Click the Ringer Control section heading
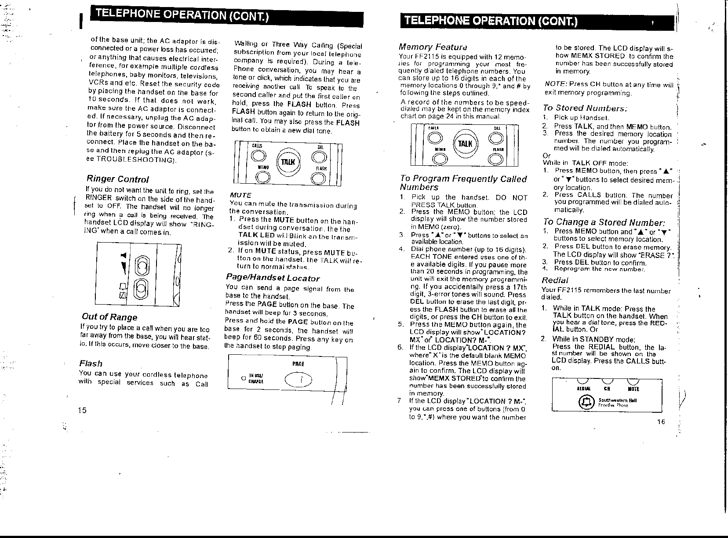(x=117, y=179)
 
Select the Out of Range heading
(x=109, y=317)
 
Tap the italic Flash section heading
(x=91, y=364)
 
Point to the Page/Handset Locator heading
(x=273, y=278)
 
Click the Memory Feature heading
(x=433, y=47)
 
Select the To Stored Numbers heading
(x=585, y=108)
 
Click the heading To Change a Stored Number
(x=604, y=222)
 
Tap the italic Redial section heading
(x=555, y=280)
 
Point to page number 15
(x=82, y=410)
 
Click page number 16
(x=661, y=422)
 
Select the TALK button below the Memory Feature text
(x=465, y=143)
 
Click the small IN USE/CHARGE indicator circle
(x=243, y=378)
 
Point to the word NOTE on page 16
(x=555, y=84)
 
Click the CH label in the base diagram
(x=607, y=389)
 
